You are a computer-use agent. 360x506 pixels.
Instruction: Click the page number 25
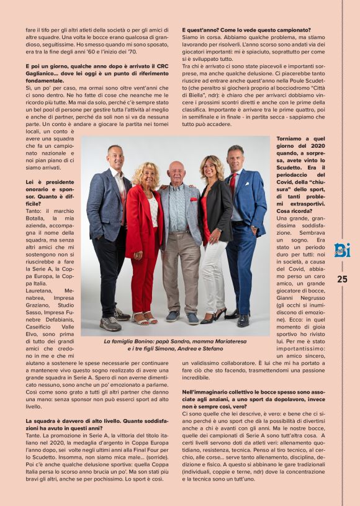coord(342,279)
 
